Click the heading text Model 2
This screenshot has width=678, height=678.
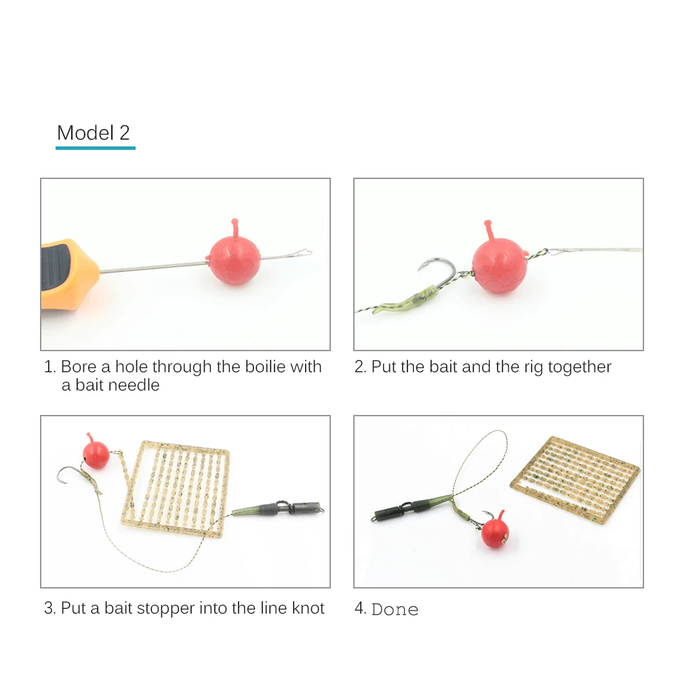[x=94, y=133]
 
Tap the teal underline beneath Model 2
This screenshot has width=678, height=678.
[x=96, y=148]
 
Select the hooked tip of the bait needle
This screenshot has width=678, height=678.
[x=304, y=253]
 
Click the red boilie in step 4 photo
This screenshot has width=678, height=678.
[x=495, y=531]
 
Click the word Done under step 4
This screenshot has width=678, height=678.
[x=395, y=610]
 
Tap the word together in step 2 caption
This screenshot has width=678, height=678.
[x=580, y=367]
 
